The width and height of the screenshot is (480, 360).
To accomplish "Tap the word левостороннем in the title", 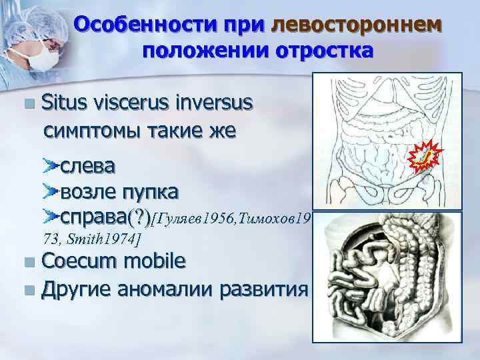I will pyautogui.click(x=356, y=25).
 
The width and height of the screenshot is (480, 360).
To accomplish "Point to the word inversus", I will pyautogui.click(x=211, y=103).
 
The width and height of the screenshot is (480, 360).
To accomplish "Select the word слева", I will pyautogui.click(x=87, y=165).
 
